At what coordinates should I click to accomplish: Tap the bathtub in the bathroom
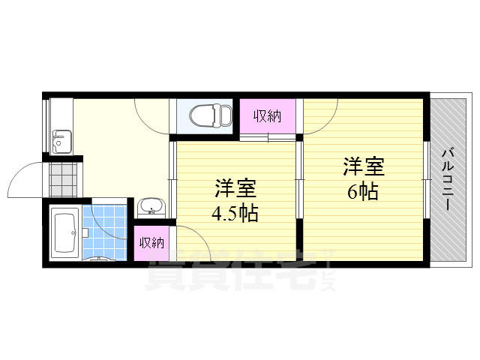pyautogui.click(x=66, y=232)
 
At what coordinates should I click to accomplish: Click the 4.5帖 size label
pyautogui.click(x=234, y=213)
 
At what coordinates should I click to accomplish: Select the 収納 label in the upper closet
pyautogui.click(x=266, y=115)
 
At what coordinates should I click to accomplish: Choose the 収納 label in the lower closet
pyautogui.click(x=151, y=242)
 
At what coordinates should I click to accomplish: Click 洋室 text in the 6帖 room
pyautogui.click(x=364, y=165)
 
